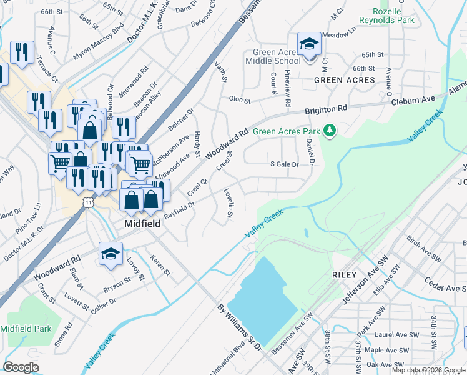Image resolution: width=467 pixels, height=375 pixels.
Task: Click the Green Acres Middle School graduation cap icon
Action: [308, 43]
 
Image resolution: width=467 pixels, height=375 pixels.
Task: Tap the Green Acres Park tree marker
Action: [329, 131]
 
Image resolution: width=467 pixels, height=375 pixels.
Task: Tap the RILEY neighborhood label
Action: [345, 275]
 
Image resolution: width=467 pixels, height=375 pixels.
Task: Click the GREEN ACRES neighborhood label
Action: [345, 80]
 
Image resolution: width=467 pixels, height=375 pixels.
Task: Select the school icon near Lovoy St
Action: [110, 254]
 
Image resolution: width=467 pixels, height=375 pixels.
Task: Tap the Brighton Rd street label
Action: [326, 110]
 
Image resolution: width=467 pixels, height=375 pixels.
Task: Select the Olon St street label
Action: [239, 99]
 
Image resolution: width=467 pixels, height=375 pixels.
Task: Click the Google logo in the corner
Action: [21, 367]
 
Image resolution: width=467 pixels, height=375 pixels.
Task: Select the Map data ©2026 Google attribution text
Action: [428, 370]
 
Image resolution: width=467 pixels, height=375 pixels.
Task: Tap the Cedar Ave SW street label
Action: [445, 284]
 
